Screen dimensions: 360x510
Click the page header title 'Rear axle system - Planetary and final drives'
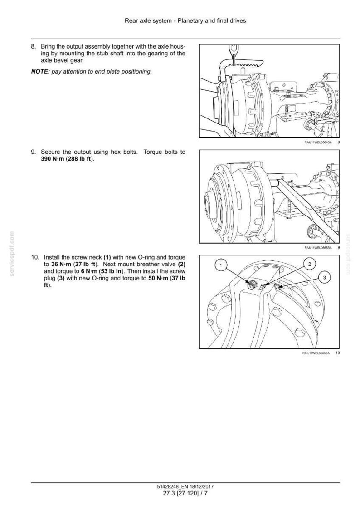click(x=185, y=21)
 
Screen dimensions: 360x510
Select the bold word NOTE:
click(x=40, y=72)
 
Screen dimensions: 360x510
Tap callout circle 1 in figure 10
click(x=221, y=265)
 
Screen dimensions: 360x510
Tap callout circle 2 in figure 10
click(x=309, y=264)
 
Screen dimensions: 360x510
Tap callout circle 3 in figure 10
click(x=324, y=277)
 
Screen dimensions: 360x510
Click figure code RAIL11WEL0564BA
click(x=318, y=142)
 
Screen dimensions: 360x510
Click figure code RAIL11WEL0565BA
click(x=318, y=248)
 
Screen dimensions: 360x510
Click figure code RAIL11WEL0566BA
click(x=316, y=353)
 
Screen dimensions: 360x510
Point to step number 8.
click(x=33, y=47)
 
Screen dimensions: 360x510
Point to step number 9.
click(x=33, y=152)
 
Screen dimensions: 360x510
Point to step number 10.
click(x=34, y=257)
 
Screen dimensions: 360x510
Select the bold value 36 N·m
click(x=61, y=264)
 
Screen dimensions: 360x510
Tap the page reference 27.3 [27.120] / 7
click(x=185, y=493)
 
